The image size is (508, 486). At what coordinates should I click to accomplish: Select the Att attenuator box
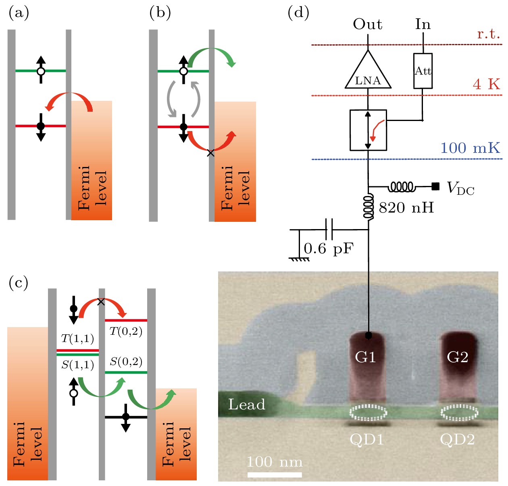[423, 71]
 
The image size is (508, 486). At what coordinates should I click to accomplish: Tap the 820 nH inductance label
[406, 208]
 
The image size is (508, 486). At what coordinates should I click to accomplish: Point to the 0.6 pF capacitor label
[328, 248]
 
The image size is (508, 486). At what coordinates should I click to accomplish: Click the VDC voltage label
[460, 188]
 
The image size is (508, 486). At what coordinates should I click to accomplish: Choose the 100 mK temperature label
[470, 148]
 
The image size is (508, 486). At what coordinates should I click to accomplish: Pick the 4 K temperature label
[486, 84]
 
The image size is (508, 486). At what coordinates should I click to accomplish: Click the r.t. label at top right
[488, 34]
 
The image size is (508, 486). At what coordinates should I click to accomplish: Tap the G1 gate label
[365, 357]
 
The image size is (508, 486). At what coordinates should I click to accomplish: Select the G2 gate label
[458, 357]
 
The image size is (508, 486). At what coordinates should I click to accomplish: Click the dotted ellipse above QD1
[368, 412]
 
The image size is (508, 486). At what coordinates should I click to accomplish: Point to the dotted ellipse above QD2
[459, 412]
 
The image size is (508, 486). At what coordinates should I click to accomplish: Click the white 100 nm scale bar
[275, 475]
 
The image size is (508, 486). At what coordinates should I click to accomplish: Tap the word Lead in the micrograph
[247, 405]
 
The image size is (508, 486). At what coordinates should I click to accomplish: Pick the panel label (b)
[160, 13]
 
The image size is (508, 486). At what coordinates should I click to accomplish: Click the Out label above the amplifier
[368, 25]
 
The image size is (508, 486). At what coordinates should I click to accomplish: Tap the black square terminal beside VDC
[435, 186]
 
